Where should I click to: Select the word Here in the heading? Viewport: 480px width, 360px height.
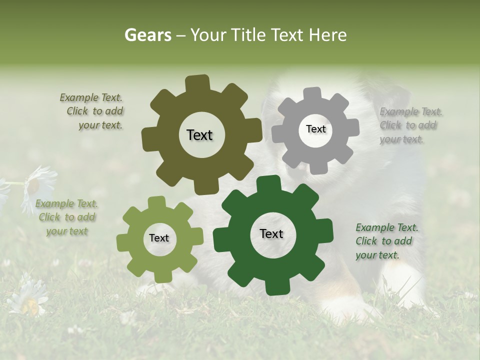328,35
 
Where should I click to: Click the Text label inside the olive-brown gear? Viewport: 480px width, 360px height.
199,135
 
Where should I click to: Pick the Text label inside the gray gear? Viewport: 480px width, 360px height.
315,129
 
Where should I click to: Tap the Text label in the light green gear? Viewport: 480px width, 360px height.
159,238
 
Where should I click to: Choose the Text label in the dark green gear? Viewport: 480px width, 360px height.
271,233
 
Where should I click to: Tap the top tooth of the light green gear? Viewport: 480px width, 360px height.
157,202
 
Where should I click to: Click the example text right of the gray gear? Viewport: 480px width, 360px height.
410,125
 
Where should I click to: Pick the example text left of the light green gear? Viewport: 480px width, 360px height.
66,217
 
